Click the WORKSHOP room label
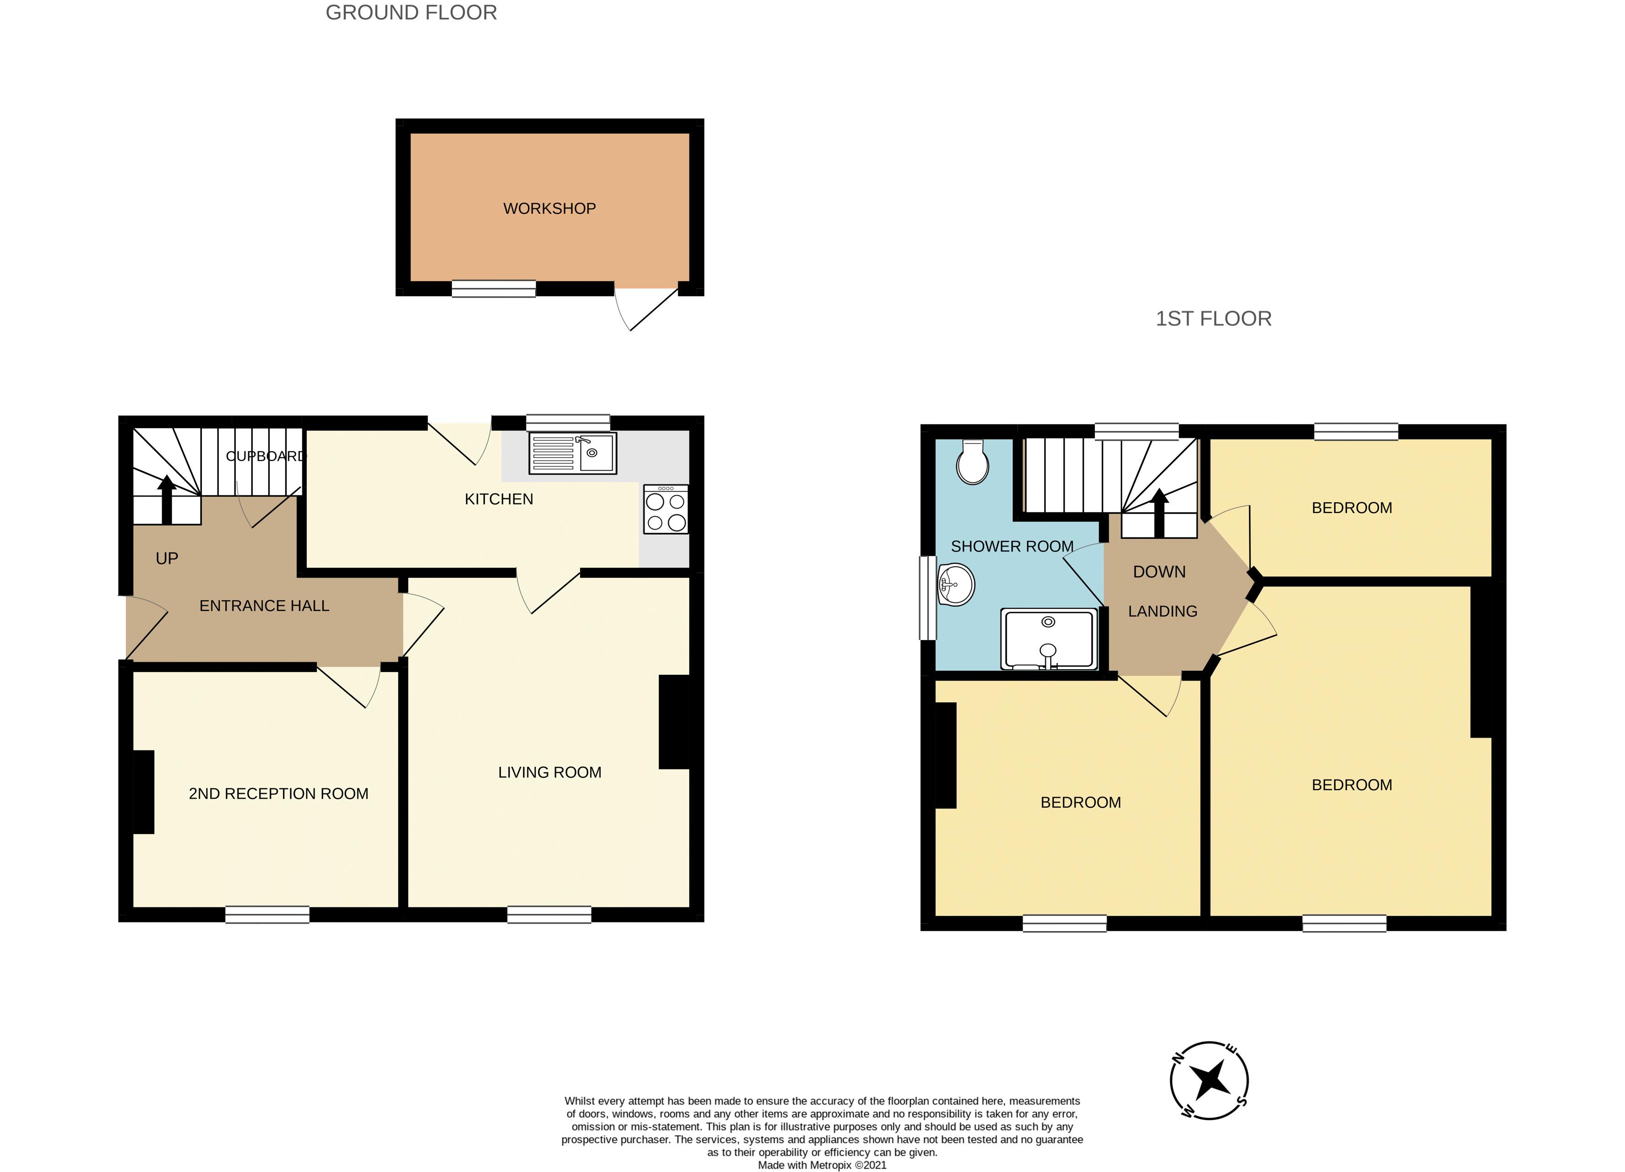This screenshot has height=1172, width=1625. point(549,208)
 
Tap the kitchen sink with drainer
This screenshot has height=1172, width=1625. point(572,453)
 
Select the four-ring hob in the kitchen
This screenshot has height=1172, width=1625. point(666,510)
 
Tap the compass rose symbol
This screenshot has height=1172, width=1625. point(1209,1080)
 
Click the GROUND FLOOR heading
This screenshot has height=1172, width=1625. point(411,13)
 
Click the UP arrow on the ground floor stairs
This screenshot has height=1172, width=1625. point(167,500)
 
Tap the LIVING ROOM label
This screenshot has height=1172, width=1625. point(549,772)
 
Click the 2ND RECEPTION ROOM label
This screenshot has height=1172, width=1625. point(279,794)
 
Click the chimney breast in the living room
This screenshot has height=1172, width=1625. point(674,722)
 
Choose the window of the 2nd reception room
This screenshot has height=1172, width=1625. point(267,915)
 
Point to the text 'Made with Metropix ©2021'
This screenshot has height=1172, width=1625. point(822,1165)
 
